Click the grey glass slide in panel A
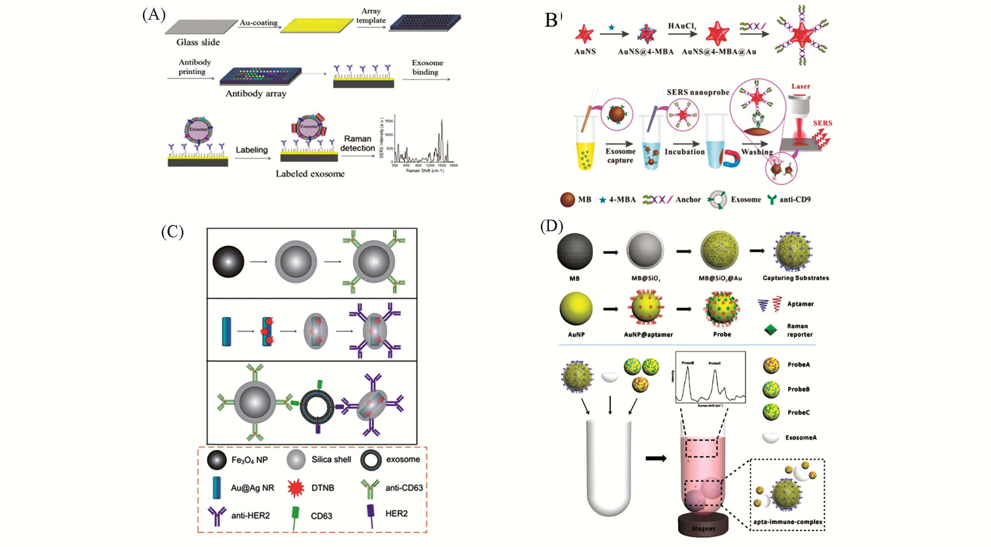click(201, 27)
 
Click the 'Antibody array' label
click(256, 93)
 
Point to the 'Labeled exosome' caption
click(310, 174)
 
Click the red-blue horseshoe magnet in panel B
click(731, 158)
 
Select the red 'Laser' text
click(801, 86)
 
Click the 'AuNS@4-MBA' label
click(645, 52)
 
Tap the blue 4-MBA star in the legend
click(603, 200)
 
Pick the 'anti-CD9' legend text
click(795, 200)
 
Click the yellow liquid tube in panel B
click(586, 154)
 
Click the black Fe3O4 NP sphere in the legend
click(217, 460)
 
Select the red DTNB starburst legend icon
click(296, 488)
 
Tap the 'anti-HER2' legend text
click(250, 516)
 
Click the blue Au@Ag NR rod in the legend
click(217, 488)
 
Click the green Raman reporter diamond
click(771, 330)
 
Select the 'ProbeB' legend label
click(798, 389)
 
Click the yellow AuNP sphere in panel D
click(576, 309)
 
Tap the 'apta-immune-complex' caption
click(788, 522)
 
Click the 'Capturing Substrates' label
click(796, 278)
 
